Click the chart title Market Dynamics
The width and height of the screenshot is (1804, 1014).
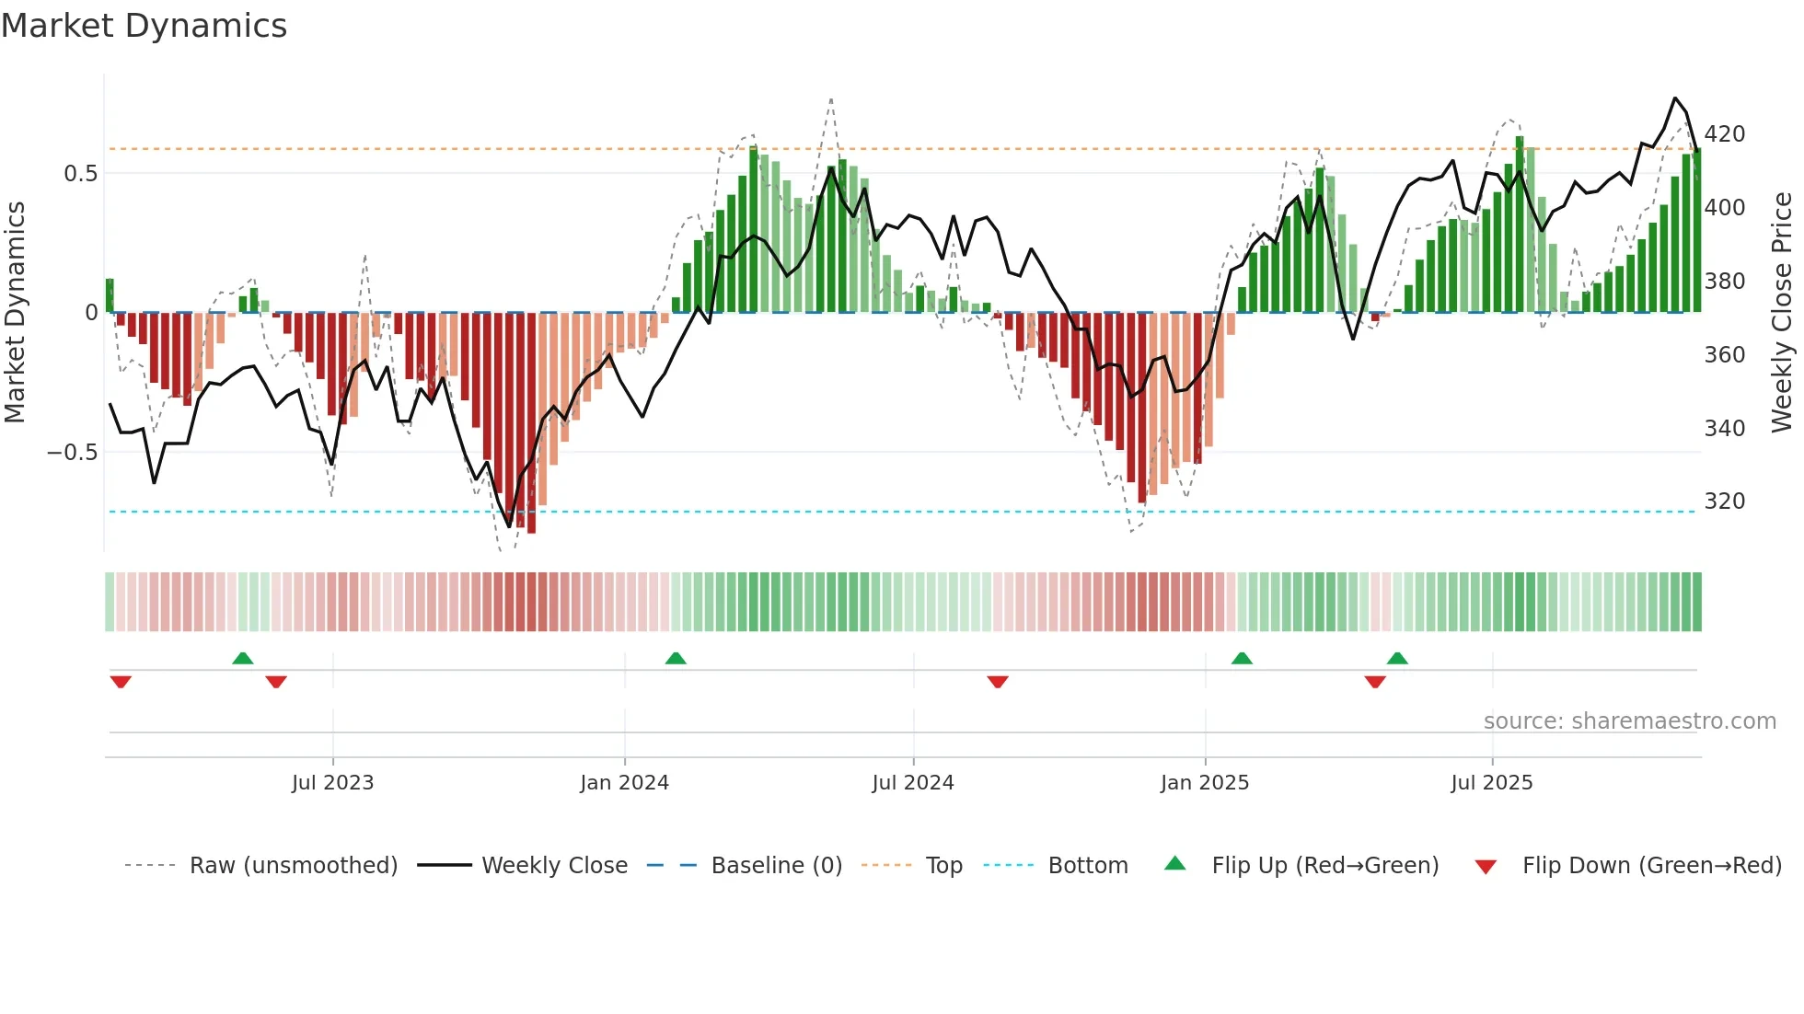click(145, 26)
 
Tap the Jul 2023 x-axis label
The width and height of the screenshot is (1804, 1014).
click(332, 783)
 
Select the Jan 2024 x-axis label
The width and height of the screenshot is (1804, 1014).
click(624, 783)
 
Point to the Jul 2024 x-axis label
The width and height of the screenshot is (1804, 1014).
click(912, 783)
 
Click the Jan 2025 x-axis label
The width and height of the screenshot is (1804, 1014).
click(1204, 783)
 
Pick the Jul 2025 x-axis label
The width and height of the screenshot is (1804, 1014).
click(1491, 783)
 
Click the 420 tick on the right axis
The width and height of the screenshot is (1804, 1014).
click(1724, 134)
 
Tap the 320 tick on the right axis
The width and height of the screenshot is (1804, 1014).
click(1724, 501)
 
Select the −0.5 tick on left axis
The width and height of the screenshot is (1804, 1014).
click(72, 453)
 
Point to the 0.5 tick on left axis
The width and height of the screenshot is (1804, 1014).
click(80, 174)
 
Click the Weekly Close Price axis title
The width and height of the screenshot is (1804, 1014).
click(1782, 313)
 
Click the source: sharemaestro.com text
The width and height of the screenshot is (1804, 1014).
click(1629, 721)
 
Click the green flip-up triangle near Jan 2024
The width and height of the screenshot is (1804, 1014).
click(676, 658)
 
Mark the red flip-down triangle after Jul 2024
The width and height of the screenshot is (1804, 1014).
click(998, 682)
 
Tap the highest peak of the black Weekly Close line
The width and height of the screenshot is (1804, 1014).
click(1675, 98)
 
